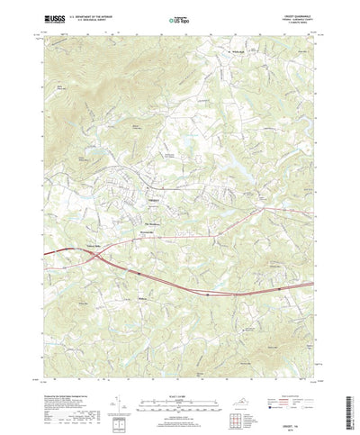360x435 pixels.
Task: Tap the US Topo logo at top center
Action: tap(179, 17)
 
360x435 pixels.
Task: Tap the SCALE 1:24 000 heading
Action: tap(179, 381)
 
